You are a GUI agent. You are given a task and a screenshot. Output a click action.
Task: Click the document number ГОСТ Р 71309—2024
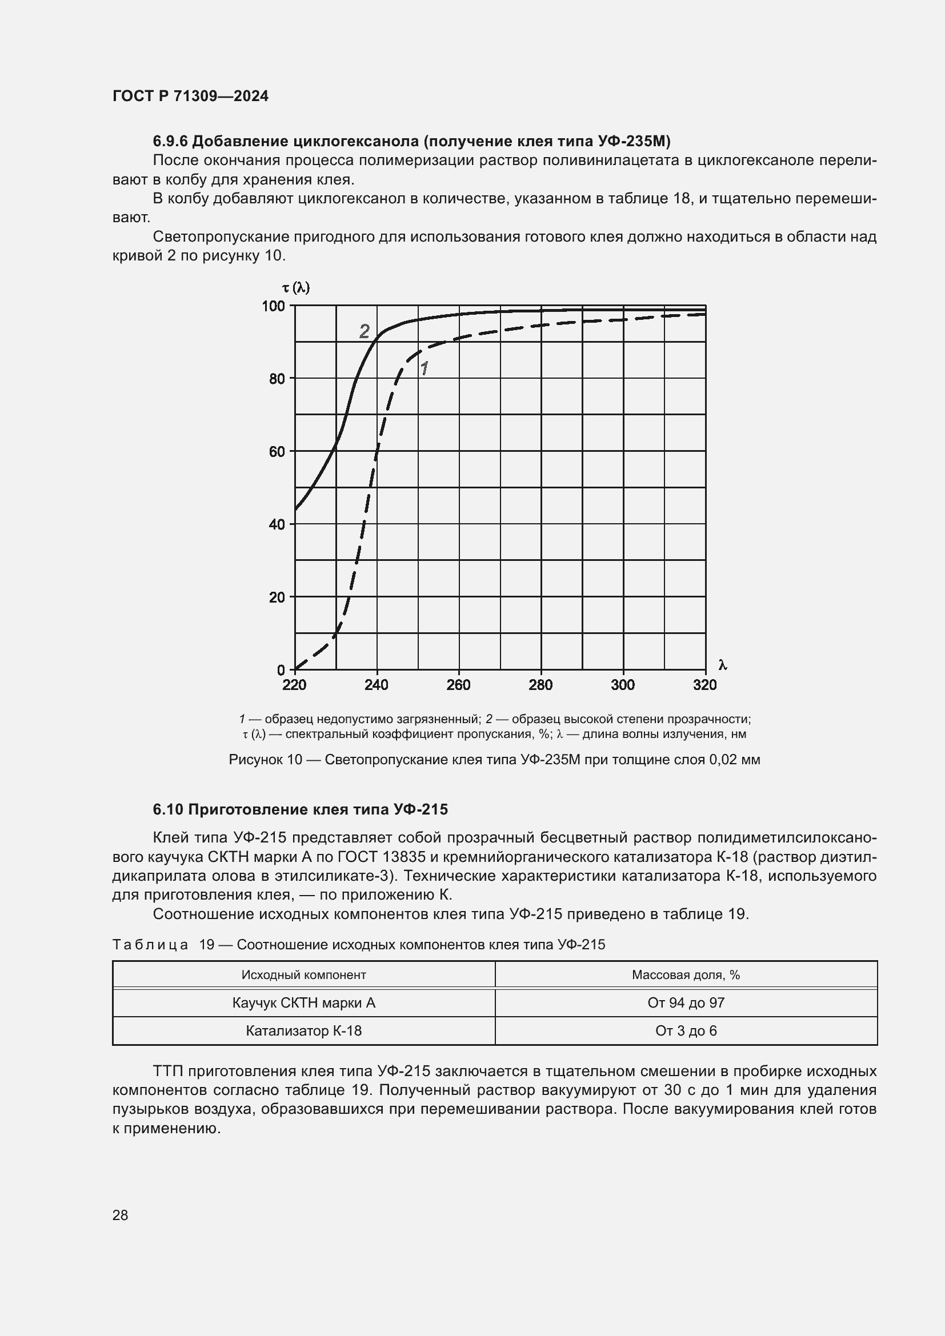click(x=190, y=96)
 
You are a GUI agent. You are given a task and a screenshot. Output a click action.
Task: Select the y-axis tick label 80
click(x=277, y=379)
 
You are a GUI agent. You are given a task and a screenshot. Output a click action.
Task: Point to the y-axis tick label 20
click(x=277, y=597)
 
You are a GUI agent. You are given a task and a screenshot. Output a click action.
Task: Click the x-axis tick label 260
click(x=458, y=685)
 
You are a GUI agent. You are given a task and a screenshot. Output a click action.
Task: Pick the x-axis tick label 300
click(x=622, y=685)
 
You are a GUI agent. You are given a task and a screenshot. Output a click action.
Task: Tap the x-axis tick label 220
click(x=294, y=685)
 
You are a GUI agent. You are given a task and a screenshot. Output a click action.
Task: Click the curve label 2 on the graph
click(x=365, y=331)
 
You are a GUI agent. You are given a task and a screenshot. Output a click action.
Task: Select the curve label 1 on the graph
click(x=424, y=368)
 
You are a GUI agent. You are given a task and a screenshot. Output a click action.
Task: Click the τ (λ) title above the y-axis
click(x=295, y=287)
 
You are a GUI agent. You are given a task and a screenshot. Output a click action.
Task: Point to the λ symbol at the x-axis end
click(x=722, y=665)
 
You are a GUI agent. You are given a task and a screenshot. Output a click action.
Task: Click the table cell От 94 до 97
click(x=686, y=1002)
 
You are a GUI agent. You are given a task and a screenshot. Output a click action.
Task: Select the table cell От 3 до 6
click(x=686, y=1030)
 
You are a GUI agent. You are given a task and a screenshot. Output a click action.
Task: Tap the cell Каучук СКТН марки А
click(x=303, y=1002)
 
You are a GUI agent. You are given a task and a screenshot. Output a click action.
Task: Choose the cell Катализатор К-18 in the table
click(x=303, y=1030)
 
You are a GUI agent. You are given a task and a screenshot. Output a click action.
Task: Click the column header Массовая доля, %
click(x=686, y=974)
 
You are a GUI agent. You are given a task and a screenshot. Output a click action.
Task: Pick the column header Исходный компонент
click(x=303, y=974)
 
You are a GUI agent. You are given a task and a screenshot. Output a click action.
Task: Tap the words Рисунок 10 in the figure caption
click(x=265, y=759)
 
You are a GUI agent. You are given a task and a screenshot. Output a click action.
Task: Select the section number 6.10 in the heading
click(x=168, y=809)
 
